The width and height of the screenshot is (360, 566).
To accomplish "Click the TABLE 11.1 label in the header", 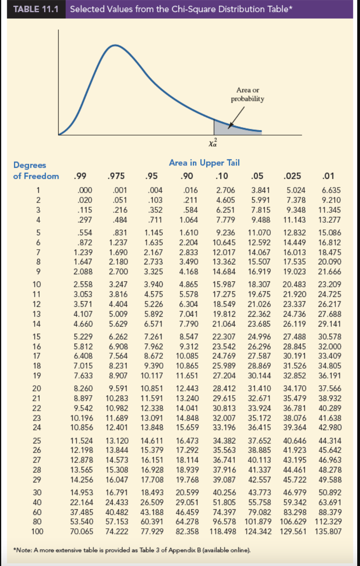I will (36, 9).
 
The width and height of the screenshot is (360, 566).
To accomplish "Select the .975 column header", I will (116, 176).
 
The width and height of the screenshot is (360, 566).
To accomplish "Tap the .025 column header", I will (293, 176).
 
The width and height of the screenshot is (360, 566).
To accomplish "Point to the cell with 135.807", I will (328, 532).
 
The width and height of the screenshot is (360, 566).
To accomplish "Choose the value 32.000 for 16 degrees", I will (329, 346).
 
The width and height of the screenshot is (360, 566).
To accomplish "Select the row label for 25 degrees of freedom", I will (37, 440).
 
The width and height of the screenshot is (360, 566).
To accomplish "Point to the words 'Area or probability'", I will (247, 94).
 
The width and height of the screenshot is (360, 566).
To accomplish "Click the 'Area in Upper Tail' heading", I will (204, 163).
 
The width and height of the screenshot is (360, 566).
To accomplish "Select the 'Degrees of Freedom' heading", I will (36, 170).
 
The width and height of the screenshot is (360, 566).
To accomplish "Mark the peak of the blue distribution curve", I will (115, 45).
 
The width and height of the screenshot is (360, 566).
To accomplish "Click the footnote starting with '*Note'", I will (132, 550).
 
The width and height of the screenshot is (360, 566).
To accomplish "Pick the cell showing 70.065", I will (82, 532).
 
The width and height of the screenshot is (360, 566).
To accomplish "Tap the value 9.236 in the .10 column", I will (225, 233).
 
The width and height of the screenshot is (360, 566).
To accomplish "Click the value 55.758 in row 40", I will (260, 502).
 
